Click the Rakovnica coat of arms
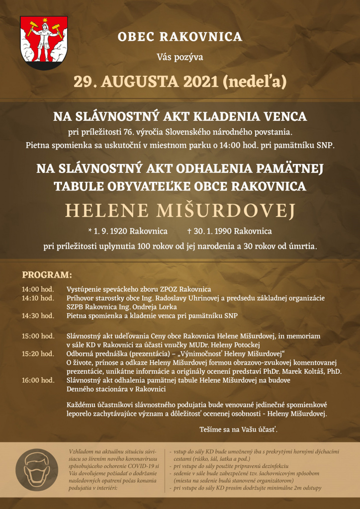44,43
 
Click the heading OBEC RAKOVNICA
180,37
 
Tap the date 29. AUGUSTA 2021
146,81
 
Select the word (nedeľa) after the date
255,81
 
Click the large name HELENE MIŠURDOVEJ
180,211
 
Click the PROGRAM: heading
47,275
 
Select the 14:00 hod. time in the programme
38,289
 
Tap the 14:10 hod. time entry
38,298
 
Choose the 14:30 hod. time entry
38,316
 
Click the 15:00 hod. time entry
38,336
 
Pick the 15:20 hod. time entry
38,353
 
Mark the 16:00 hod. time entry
38,380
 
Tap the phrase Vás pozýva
180,57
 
